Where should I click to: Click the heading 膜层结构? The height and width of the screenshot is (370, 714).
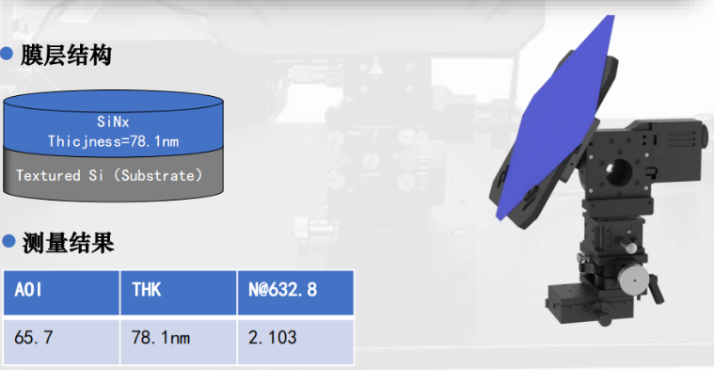click(66, 56)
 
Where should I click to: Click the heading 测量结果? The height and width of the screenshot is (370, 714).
click(69, 244)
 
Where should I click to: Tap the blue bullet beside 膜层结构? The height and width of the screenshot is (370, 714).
click(7, 54)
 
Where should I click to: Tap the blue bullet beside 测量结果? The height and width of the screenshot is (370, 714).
click(8, 242)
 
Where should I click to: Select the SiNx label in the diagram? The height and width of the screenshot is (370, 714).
click(114, 121)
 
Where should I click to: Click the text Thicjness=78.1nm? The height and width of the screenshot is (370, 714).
click(114, 141)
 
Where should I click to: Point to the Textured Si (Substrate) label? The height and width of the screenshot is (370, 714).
click(109, 175)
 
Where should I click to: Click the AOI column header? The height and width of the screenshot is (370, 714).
click(61, 292)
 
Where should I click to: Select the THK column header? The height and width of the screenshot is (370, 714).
click(179, 292)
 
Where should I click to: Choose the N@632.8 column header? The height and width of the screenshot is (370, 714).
click(295, 292)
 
